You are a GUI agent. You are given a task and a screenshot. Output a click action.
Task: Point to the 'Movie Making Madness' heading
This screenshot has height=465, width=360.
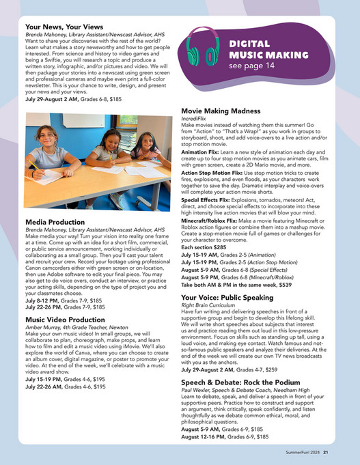(x=225, y=110)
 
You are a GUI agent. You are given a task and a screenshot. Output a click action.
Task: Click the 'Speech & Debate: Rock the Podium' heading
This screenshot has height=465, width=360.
(x=250, y=381)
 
